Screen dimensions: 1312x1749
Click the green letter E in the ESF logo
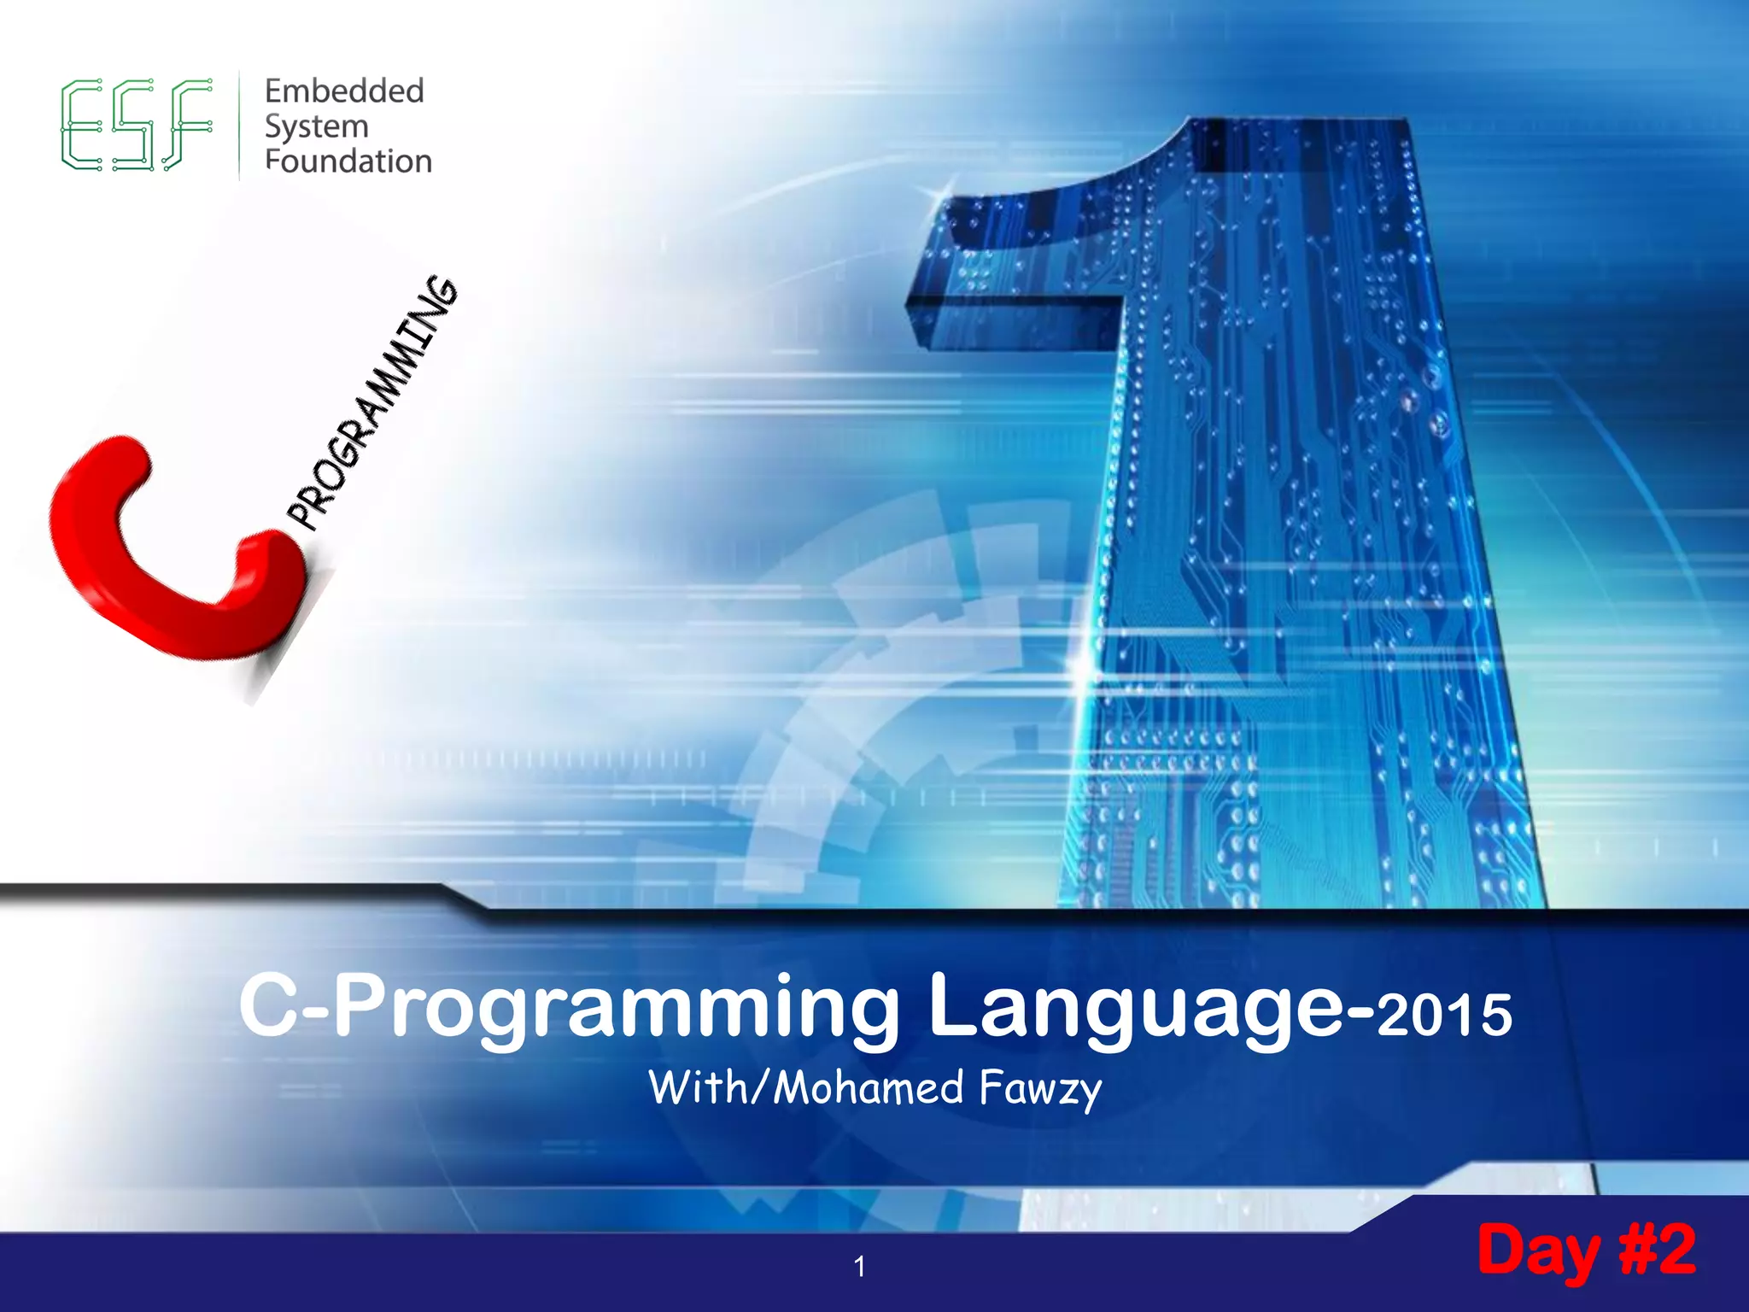81,125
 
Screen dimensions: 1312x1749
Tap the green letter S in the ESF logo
135,125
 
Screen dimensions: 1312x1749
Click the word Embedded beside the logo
344,91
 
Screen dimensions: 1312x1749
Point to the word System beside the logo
316,126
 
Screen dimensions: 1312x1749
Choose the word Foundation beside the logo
348,161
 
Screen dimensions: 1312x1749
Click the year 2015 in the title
1443,1015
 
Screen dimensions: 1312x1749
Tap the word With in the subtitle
696,1087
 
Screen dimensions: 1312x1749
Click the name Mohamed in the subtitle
868,1087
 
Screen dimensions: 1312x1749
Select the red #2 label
1657,1249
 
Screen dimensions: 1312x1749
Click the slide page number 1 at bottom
859,1266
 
